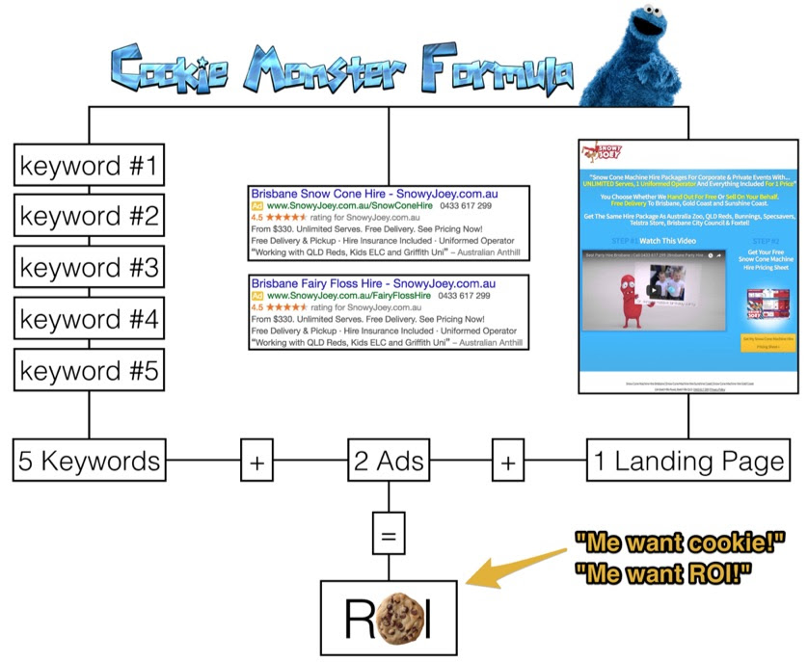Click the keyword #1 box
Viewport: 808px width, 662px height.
[89, 165]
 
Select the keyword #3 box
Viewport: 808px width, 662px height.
[89, 267]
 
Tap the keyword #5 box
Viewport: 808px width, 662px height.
[89, 370]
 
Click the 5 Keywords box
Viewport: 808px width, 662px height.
[89, 462]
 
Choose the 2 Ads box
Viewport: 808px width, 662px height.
[389, 462]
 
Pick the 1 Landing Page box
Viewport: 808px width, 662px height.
[688, 462]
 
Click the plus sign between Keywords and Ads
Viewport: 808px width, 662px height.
[256, 463]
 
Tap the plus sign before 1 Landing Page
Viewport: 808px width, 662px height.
[508, 463]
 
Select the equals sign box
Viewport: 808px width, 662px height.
[389, 533]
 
